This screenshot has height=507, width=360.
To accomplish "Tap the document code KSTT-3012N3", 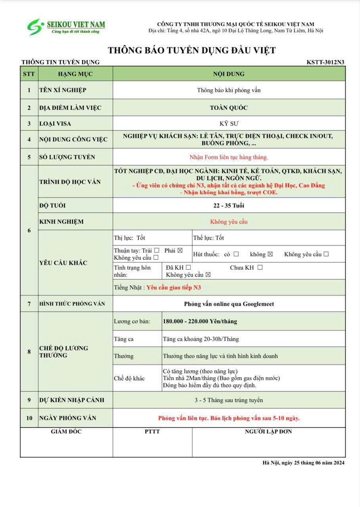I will coord(325,62).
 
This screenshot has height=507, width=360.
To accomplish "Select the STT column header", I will coord(29,74).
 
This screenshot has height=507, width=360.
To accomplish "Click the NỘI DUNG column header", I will coord(229,74).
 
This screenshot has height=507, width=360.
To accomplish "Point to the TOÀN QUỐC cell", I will coord(229,108).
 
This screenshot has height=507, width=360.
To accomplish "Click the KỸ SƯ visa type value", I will coord(229,124).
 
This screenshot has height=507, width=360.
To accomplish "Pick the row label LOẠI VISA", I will coord(55,124).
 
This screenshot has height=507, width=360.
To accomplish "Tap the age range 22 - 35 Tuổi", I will coord(229,206).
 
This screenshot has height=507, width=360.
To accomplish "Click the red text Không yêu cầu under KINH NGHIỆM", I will coord(229,222).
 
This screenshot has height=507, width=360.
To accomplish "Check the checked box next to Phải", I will coord(180,250).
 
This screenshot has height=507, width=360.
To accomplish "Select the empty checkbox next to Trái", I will coord(157,250).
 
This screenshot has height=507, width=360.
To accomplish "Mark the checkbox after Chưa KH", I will coord(260,267).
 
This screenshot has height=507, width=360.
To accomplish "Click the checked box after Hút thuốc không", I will coord(270,254).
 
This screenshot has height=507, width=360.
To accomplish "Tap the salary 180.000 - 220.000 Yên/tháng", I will coord(200,321).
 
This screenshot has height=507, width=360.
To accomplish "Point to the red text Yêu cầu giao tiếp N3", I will coord(174,288).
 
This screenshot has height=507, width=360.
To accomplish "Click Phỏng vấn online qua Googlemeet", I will coord(229,304).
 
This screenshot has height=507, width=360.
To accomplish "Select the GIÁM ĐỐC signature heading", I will coord(66,431).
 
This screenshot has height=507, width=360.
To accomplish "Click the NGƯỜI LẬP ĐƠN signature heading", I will coord(268,431).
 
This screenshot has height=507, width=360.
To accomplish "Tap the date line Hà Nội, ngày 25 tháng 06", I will coord(303,463).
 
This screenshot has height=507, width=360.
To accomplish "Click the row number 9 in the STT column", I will coord(29,400).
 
